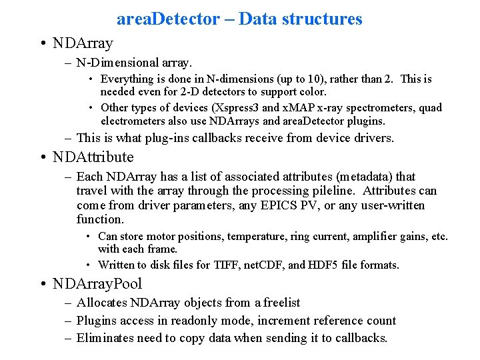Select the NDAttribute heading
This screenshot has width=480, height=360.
[95, 157]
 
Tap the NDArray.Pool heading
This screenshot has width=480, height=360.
[98, 283]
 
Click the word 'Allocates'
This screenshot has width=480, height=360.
[101, 303]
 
